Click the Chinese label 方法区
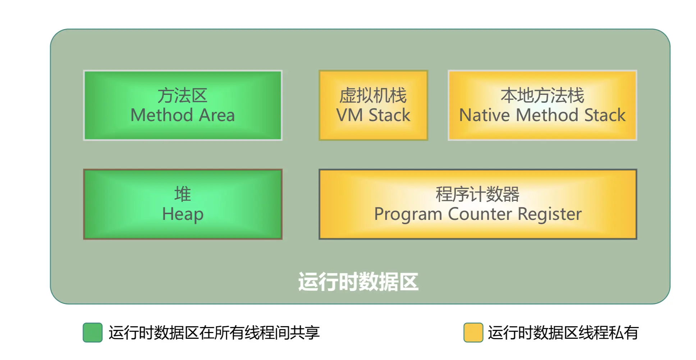pos(182,96)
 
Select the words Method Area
pos(182,115)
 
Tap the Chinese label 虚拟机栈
pos(373,96)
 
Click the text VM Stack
pos(373,115)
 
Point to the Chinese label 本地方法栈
pos(542,96)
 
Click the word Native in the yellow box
pos(484,115)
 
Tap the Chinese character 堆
pos(182,194)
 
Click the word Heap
pos(182,214)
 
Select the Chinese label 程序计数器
pos(477,194)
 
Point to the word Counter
pos(480,214)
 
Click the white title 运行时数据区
pos(358,282)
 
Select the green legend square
pos(92,332)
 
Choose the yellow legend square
pos(473,332)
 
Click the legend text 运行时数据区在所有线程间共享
pos(214,332)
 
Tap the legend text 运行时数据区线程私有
pos(563,332)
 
